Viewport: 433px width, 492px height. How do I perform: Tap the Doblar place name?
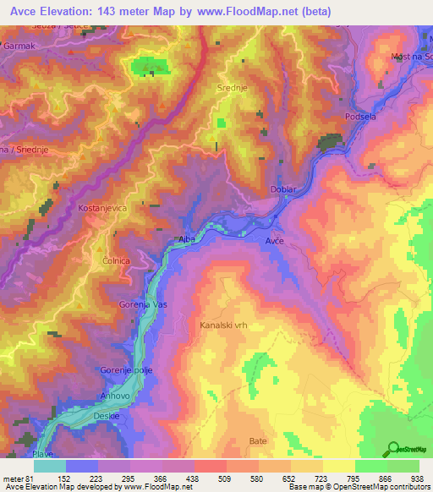tap(282, 189)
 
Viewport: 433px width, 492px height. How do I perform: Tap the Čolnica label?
tap(114, 260)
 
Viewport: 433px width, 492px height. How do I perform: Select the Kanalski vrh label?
tap(224, 325)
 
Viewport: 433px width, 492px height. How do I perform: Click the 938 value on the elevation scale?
tap(417, 478)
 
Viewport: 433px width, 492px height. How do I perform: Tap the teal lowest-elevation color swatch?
tap(50, 466)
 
